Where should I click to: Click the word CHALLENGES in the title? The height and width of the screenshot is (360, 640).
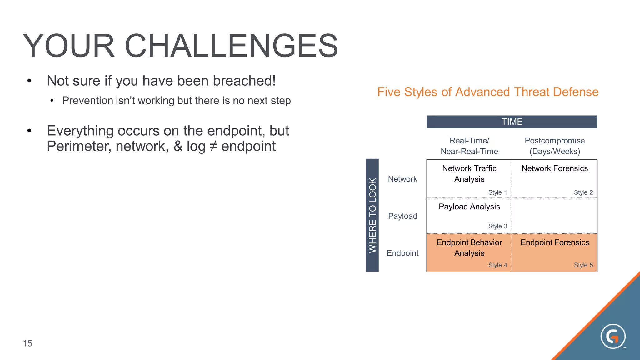pos(231,46)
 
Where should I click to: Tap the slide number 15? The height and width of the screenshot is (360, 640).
pos(27,343)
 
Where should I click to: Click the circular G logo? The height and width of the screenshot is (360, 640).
pos(613,336)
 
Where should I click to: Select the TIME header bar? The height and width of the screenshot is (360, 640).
pos(512,122)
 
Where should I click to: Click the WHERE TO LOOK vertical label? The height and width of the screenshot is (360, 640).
pos(372,215)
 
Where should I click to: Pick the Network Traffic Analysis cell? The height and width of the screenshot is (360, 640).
pos(469,174)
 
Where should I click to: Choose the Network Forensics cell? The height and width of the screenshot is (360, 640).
pos(554,168)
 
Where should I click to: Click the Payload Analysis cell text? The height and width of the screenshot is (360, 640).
pos(469,207)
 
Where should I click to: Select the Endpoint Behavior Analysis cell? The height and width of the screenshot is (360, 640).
pos(469,248)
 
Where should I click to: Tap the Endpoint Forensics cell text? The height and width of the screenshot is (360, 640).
pos(554,242)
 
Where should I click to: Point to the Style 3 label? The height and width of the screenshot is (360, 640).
pos(497,226)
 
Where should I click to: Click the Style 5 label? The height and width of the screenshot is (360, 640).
pos(583,265)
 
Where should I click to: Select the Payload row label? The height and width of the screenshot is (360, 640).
pos(402,216)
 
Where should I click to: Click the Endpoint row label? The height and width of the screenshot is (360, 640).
pos(402,253)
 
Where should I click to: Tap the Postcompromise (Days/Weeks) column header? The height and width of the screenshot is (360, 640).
pos(554,146)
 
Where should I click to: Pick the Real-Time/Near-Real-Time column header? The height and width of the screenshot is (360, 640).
pos(469,146)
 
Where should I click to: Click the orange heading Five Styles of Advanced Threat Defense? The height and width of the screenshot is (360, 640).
pos(488,92)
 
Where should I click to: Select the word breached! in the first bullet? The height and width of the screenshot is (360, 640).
pos(244,81)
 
